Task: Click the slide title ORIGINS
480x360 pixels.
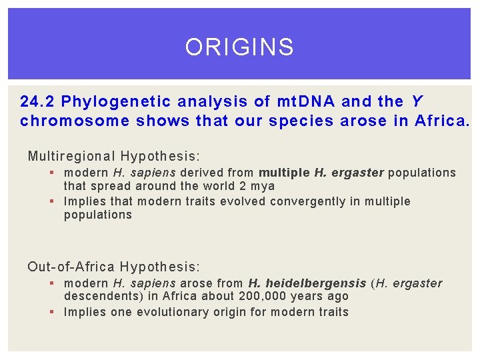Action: click(x=239, y=47)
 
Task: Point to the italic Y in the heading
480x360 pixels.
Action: click(x=417, y=102)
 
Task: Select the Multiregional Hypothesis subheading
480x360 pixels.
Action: click(x=113, y=157)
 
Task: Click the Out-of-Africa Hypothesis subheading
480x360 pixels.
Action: click(x=113, y=267)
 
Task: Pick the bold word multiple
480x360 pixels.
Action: click(x=285, y=173)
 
